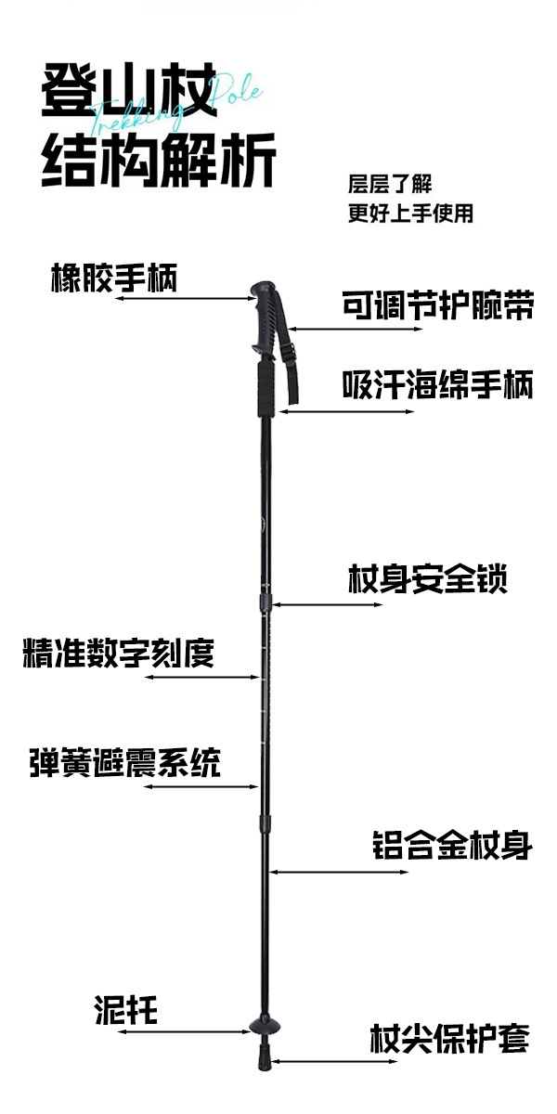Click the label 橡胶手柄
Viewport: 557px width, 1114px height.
[x=113, y=278]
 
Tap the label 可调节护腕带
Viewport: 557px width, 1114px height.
[x=437, y=304]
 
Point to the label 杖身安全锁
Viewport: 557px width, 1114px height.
[x=427, y=580]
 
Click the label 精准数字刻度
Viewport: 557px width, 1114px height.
[x=118, y=653]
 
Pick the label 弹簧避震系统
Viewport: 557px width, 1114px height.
[x=124, y=763]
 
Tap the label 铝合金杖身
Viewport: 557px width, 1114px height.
[x=451, y=846]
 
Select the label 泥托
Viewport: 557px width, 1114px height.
[x=125, y=1010]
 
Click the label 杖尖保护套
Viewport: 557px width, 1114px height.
[x=449, y=1038]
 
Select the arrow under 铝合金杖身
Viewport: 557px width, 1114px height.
[x=338, y=873]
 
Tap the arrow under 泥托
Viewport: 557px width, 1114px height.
[x=185, y=1030]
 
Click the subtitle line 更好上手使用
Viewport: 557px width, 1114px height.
[x=410, y=214]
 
